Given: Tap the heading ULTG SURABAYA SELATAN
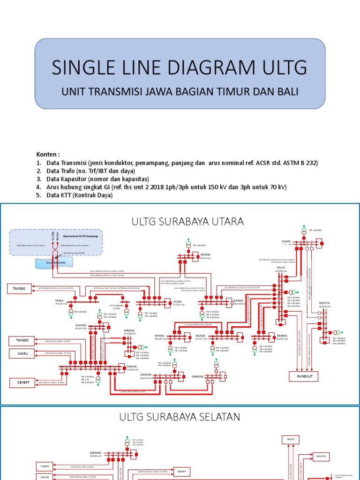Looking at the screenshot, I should pos(180,417).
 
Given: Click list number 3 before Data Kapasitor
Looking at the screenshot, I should pos(39,179).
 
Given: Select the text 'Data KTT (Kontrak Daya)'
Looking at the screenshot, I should pos(80,195).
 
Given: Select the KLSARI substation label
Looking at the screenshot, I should pos(286,241).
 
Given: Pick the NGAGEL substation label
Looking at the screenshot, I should pos(201,336).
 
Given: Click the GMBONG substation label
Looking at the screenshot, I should pos(197,376).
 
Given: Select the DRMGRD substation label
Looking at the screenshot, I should pos(95,453).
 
